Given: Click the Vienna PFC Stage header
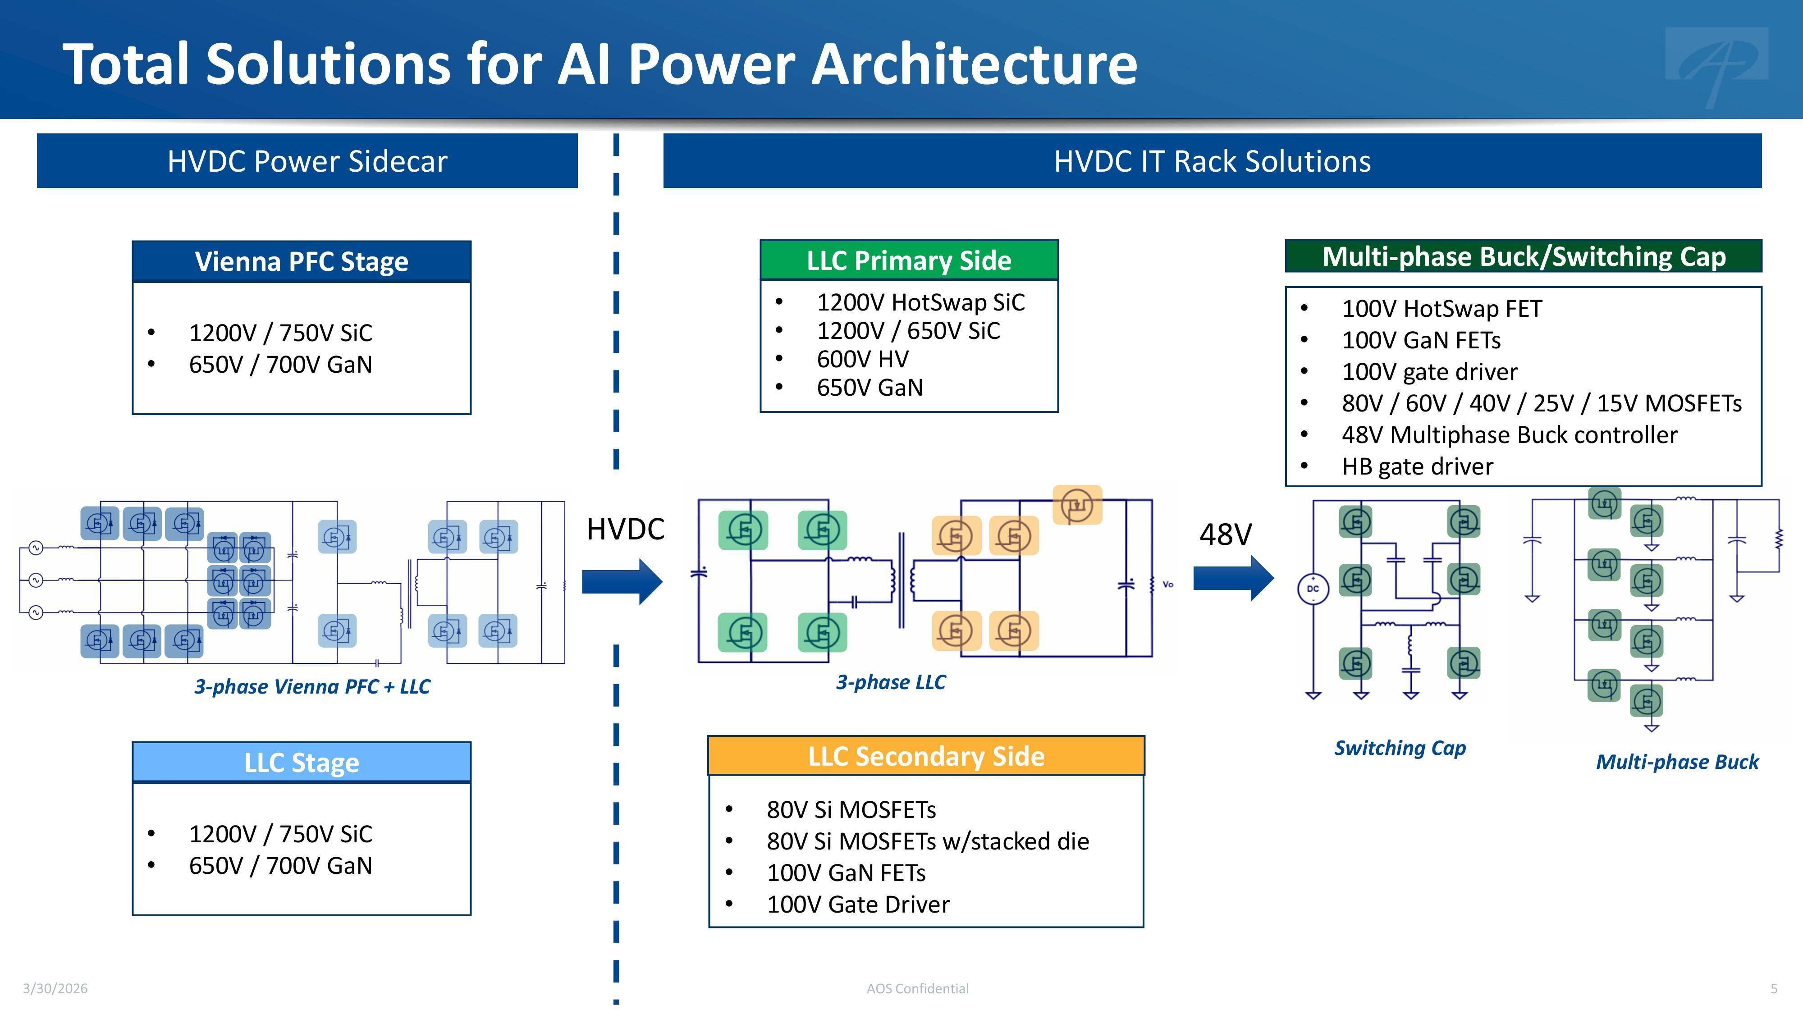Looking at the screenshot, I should point(301,261).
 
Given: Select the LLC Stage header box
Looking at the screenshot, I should point(301,762).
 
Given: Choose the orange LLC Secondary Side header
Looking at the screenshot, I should point(926,756).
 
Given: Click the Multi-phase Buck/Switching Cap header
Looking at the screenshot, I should point(1523,256).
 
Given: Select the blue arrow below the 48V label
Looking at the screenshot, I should point(1232,578).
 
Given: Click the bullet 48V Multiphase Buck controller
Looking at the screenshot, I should point(1509,434).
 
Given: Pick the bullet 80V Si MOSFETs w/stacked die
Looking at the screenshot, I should point(927,841).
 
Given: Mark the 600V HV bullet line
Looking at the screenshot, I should point(862,359).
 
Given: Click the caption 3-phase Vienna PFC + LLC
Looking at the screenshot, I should point(312,686).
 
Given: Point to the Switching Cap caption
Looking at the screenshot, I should point(1400,747).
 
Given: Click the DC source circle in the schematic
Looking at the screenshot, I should point(1312,589).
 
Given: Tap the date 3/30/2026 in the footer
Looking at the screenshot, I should point(55,988).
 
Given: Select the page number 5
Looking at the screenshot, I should point(1774,988).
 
